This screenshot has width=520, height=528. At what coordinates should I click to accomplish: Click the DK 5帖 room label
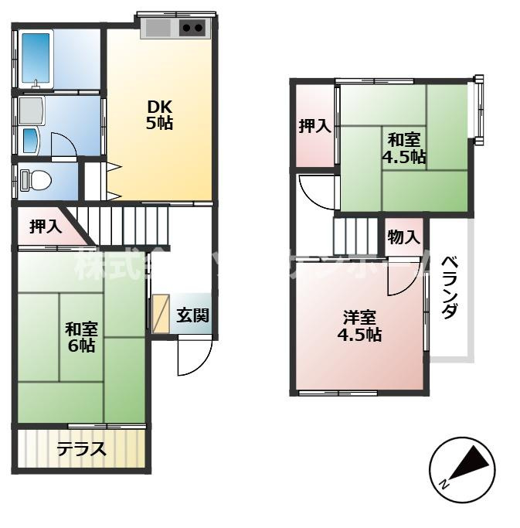pos(160,114)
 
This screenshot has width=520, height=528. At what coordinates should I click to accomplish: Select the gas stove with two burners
pos(193,29)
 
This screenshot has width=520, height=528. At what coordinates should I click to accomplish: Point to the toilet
pos(36,180)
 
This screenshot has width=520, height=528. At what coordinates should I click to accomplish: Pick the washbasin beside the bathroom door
pos(29,139)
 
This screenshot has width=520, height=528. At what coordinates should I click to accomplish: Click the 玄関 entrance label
pos(192,315)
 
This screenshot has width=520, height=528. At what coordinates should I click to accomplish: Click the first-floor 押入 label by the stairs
pos(45,227)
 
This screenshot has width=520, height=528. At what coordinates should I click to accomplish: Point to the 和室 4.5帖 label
pos(403,148)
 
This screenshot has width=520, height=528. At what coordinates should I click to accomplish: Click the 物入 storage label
pos(403,237)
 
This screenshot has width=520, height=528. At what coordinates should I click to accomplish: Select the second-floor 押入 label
pos(314,126)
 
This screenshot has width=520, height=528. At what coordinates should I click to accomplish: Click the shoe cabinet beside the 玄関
pos(160,314)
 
